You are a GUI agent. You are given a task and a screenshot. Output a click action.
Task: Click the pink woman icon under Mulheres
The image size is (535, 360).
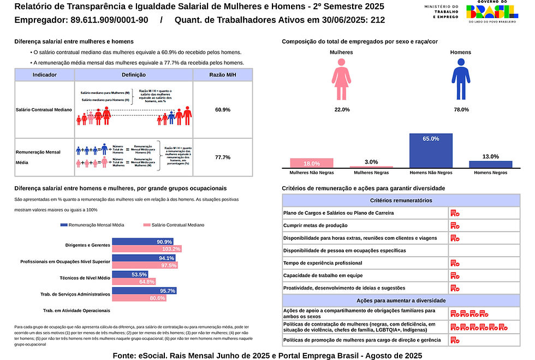coord(341,79)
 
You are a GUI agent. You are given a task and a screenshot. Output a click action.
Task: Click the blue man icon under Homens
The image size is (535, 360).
coord(460,79)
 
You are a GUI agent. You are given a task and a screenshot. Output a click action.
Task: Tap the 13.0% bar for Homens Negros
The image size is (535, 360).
coord(490,164)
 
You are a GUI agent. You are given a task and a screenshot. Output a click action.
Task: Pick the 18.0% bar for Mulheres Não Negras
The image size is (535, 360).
coord(312,163)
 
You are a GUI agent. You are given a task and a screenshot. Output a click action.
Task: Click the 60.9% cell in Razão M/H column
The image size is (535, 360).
coord(223,110)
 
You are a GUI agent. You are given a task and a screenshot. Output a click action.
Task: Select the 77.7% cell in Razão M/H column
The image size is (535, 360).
coord(223,157)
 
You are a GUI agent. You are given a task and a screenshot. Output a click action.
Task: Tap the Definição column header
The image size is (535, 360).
coord(134,74)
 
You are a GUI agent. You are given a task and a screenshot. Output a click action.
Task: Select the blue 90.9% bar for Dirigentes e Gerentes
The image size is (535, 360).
coord(142,241)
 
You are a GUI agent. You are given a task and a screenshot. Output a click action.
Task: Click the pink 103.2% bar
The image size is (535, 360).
coord(146,249)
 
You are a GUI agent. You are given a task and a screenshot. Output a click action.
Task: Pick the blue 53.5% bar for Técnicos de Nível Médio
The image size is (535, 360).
coord(130,274)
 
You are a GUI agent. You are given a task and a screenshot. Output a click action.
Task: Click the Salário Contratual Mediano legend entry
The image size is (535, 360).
coord(173,225)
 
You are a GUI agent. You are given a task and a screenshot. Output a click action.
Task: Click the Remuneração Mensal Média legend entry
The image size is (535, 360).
coord(92,225)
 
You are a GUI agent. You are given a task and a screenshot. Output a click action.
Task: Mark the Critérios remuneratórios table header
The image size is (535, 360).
coord(401,200)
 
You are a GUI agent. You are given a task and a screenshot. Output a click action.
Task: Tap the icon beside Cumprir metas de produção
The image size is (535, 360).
coord(455,225)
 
